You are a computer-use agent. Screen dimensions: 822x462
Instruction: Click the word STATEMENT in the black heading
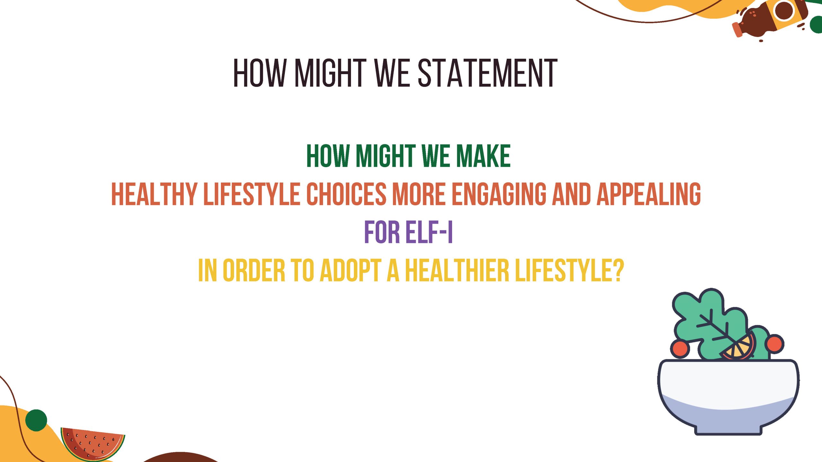(487, 73)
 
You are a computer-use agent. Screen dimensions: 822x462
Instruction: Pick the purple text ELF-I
(429, 232)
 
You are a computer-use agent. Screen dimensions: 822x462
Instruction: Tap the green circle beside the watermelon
(36, 420)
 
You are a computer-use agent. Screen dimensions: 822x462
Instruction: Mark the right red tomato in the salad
(774, 344)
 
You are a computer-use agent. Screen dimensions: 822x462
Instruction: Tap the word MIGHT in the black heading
(330, 73)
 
